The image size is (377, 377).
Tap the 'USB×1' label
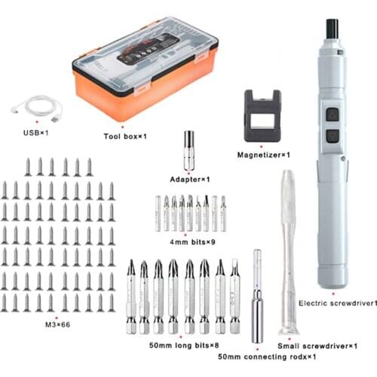(x=35, y=133)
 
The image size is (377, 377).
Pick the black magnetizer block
(x=262, y=117)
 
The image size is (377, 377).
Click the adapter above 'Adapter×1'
(x=188, y=149)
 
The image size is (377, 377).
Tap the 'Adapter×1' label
(x=190, y=179)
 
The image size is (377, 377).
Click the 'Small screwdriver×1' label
(x=317, y=345)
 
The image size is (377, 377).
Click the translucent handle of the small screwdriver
(x=287, y=204)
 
